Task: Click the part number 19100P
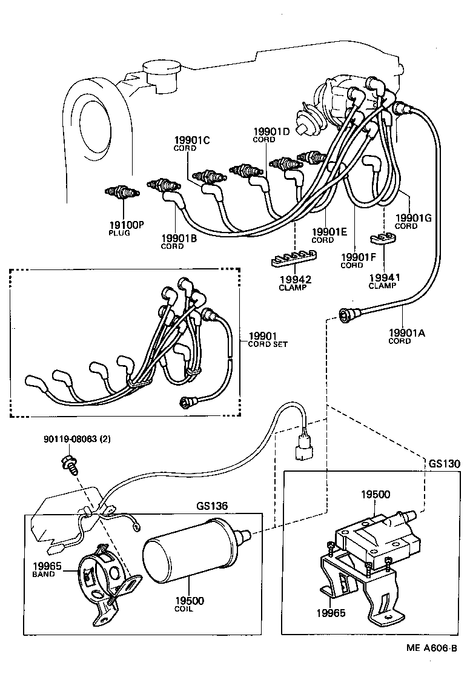(126, 225)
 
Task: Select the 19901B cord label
(180, 239)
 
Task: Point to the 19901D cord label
(271, 131)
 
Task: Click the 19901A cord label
(407, 332)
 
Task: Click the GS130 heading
(445, 464)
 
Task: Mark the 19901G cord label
(411, 218)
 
